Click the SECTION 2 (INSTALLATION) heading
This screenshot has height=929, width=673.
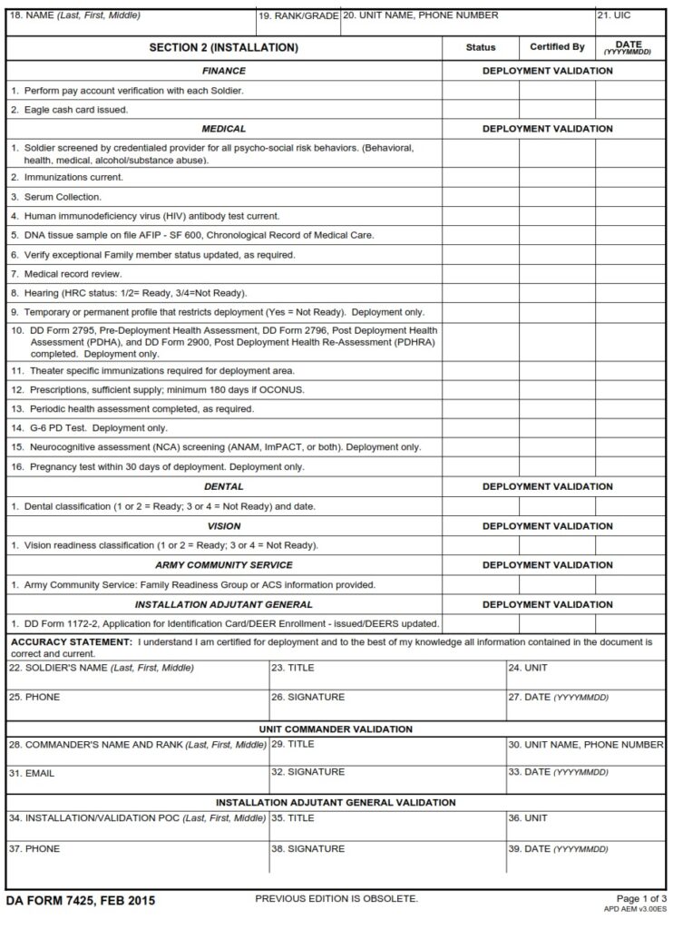pos(223,47)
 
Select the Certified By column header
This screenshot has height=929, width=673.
pos(557,47)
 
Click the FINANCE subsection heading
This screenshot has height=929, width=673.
pos(223,71)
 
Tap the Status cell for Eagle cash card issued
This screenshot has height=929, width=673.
pos(480,110)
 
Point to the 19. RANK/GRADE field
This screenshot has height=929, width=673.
pos(298,22)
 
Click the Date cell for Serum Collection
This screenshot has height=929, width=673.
pos(630,196)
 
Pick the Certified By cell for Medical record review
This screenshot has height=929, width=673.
pos(557,273)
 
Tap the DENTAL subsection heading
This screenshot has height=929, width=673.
pos(223,486)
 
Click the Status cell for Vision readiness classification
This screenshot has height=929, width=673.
pos(480,545)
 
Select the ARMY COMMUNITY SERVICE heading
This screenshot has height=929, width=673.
pos(223,565)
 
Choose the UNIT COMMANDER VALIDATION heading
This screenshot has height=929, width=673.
pos(336,729)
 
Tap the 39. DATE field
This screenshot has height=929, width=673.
pos(585,858)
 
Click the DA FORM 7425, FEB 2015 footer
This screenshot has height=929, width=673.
pos(81,901)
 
